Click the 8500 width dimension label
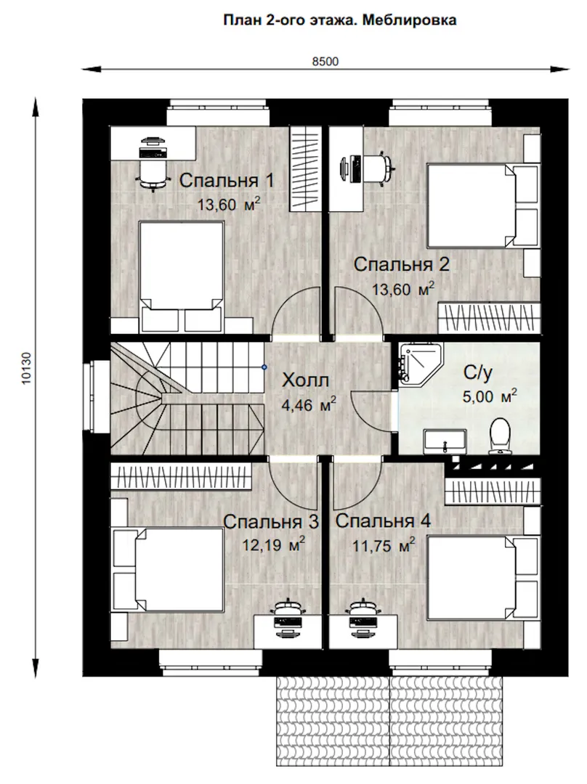pos(325,62)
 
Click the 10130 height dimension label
pos(27,369)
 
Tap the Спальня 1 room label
pos(227,180)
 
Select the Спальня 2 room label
pos(401,264)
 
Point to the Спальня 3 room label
pos(271,522)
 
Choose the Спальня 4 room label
pos(383,521)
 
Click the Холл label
pos(305,380)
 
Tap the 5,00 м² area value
pos(490,396)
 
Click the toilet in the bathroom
pos(499,436)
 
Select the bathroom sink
pos(445,441)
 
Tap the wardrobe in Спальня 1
pos(304,169)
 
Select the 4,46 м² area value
pos(309,404)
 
